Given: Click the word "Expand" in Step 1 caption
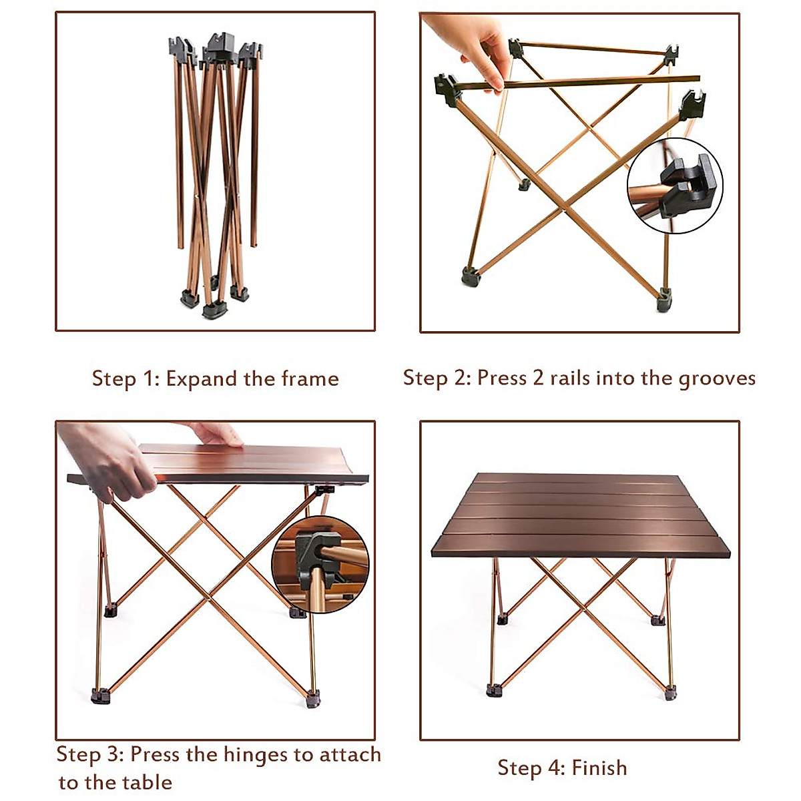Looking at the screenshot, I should (x=202, y=379).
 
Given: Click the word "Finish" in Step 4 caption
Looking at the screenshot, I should (x=599, y=768).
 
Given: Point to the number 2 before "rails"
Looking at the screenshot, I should (x=538, y=378).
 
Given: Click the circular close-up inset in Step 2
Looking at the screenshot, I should (x=675, y=186).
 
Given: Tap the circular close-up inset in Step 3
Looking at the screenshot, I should (x=320, y=564).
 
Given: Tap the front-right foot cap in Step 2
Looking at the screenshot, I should (x=663, y=300).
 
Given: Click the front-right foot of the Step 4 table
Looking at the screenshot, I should (x=670, y=692).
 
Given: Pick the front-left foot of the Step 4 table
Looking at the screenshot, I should (x=494, y=690).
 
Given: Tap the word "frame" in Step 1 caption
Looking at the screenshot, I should (x=310, y=379).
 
